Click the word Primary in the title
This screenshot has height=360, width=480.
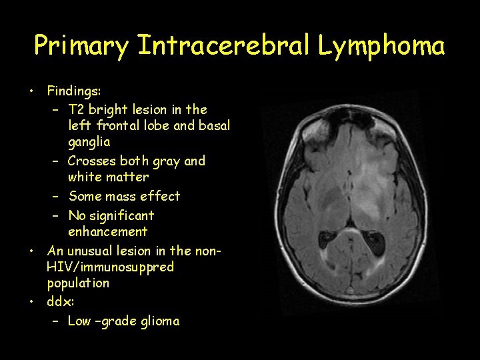[81, 46]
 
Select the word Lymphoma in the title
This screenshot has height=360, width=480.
[381, 46]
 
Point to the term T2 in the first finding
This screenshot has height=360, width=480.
[77, 109]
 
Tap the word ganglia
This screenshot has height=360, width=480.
[89, 142]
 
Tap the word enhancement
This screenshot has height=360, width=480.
[107, 232]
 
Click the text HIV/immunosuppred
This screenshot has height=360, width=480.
[111, 267]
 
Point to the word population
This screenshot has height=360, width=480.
[78, 283]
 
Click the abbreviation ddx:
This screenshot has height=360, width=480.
[60, 301]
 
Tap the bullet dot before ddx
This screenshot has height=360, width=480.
[31, 301]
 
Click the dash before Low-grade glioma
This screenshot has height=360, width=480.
[56, 321]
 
